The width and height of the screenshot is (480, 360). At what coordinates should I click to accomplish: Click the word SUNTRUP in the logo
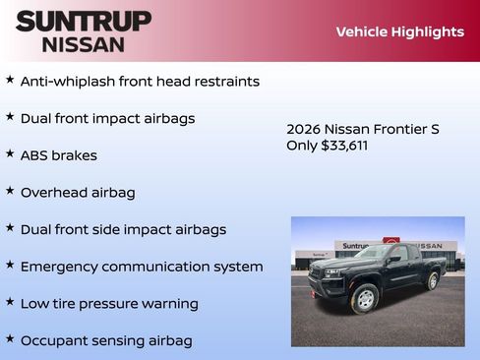(x=84, y=21)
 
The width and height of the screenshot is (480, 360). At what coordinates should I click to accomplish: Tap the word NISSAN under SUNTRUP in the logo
(x=84, y=44)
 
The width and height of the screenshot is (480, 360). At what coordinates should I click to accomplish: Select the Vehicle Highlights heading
(x=399, y=31)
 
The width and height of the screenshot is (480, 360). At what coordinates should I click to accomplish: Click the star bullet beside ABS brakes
(x=10, y=153)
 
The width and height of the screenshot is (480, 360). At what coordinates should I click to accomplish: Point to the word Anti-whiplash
(x=67, y=82)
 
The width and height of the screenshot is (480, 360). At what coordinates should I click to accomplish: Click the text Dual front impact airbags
(x=107, y=118)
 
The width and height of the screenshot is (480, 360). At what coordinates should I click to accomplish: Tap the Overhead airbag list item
(x=78, y=193)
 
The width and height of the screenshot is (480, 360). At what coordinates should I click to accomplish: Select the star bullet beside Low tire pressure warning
(x=10, y=302)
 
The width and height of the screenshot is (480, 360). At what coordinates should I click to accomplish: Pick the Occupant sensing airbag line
(x=106, y=340)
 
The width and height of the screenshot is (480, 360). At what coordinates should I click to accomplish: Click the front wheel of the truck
(x=365, y=298)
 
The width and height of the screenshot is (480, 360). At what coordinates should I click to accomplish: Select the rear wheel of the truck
(x=432, y=281)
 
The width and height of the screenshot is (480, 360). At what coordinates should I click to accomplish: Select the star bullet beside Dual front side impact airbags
(x=10, y=227)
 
